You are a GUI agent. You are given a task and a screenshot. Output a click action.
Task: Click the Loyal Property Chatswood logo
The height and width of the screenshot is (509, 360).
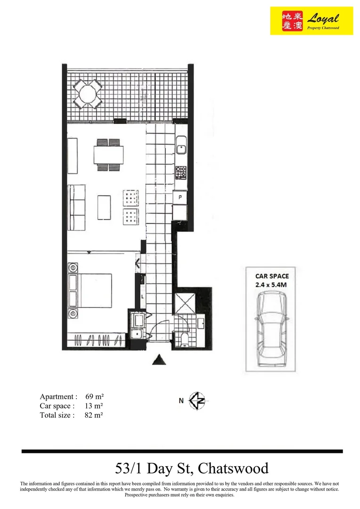coord(311,21)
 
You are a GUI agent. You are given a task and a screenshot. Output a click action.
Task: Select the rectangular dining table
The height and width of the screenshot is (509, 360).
coord(108,154)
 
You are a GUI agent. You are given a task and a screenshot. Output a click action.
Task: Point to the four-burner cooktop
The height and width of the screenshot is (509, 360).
coord(181,172)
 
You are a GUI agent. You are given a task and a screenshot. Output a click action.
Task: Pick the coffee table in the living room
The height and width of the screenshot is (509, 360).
coord(104,207)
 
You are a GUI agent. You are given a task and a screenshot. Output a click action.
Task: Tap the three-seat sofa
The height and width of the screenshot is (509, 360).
coord(77,207)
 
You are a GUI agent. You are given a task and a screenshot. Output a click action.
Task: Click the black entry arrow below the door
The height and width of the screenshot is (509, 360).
coord(159,360)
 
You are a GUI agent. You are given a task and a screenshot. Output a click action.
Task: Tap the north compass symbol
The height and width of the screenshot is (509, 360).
coord(198,401)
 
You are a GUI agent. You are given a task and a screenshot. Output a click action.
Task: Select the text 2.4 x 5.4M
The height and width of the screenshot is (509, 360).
coord(271,284)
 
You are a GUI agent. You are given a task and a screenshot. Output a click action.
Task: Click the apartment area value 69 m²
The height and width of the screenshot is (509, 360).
coord(95,396)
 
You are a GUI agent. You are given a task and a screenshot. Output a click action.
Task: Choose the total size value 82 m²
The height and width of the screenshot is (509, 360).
coord(95,415)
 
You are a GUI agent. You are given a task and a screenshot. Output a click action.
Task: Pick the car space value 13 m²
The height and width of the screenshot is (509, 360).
coord(95,406)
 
